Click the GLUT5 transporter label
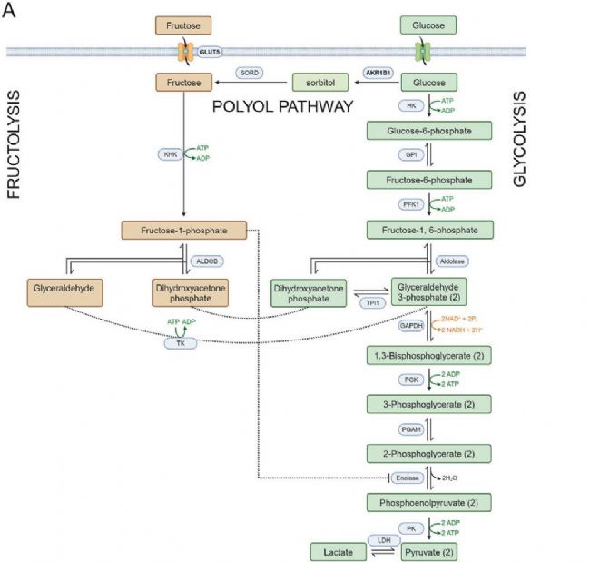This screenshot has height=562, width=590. [210, 52]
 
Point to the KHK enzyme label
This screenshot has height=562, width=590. [169, 154]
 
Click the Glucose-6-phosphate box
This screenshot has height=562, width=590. [428, 131]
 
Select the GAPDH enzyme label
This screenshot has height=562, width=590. [410, 324]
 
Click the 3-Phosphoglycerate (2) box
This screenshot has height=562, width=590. [428, 402]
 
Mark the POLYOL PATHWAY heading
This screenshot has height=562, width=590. [281, 106]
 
